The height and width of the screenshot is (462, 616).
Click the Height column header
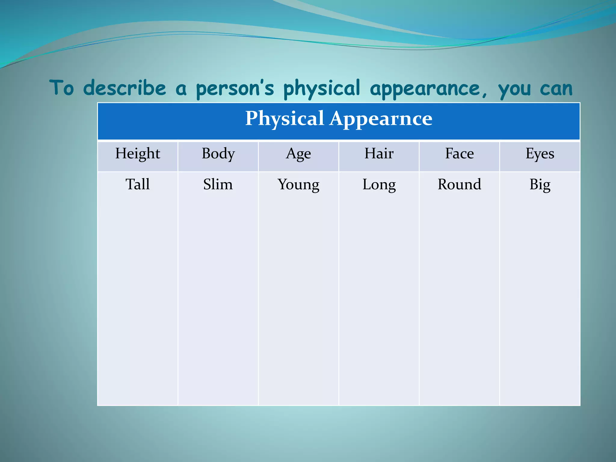[137, 154]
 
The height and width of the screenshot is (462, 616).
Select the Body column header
[218, 154]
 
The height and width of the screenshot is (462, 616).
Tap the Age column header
[298, 154]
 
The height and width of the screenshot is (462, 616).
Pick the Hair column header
[379, 154]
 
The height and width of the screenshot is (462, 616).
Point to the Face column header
[459, 154]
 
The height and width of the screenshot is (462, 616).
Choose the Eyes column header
[540, 154]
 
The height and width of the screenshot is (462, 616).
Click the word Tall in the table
[137, 184]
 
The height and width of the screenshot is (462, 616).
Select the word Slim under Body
[218, 184]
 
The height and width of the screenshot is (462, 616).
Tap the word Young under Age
[298, 185]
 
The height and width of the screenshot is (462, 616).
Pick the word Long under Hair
[379, 185]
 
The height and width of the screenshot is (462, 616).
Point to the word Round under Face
[459, 184]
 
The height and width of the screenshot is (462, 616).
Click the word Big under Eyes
[540, 185]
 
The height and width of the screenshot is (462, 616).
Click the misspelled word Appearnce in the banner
[381, 119]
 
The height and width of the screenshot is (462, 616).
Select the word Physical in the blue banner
[285, 119]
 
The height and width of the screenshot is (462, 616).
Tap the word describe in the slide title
[125, 88]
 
